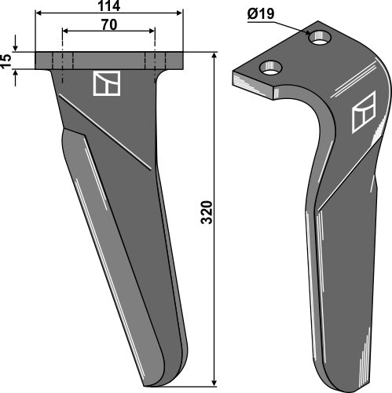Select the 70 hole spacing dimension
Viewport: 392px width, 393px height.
point(110,24)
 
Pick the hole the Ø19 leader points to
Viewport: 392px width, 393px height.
point(321,36)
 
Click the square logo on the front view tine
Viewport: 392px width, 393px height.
point(105,83)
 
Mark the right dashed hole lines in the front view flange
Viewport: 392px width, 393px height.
point(156,61)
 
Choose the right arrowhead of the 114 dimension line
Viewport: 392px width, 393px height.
point(179,14)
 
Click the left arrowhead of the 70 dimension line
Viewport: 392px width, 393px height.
point(65,32)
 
